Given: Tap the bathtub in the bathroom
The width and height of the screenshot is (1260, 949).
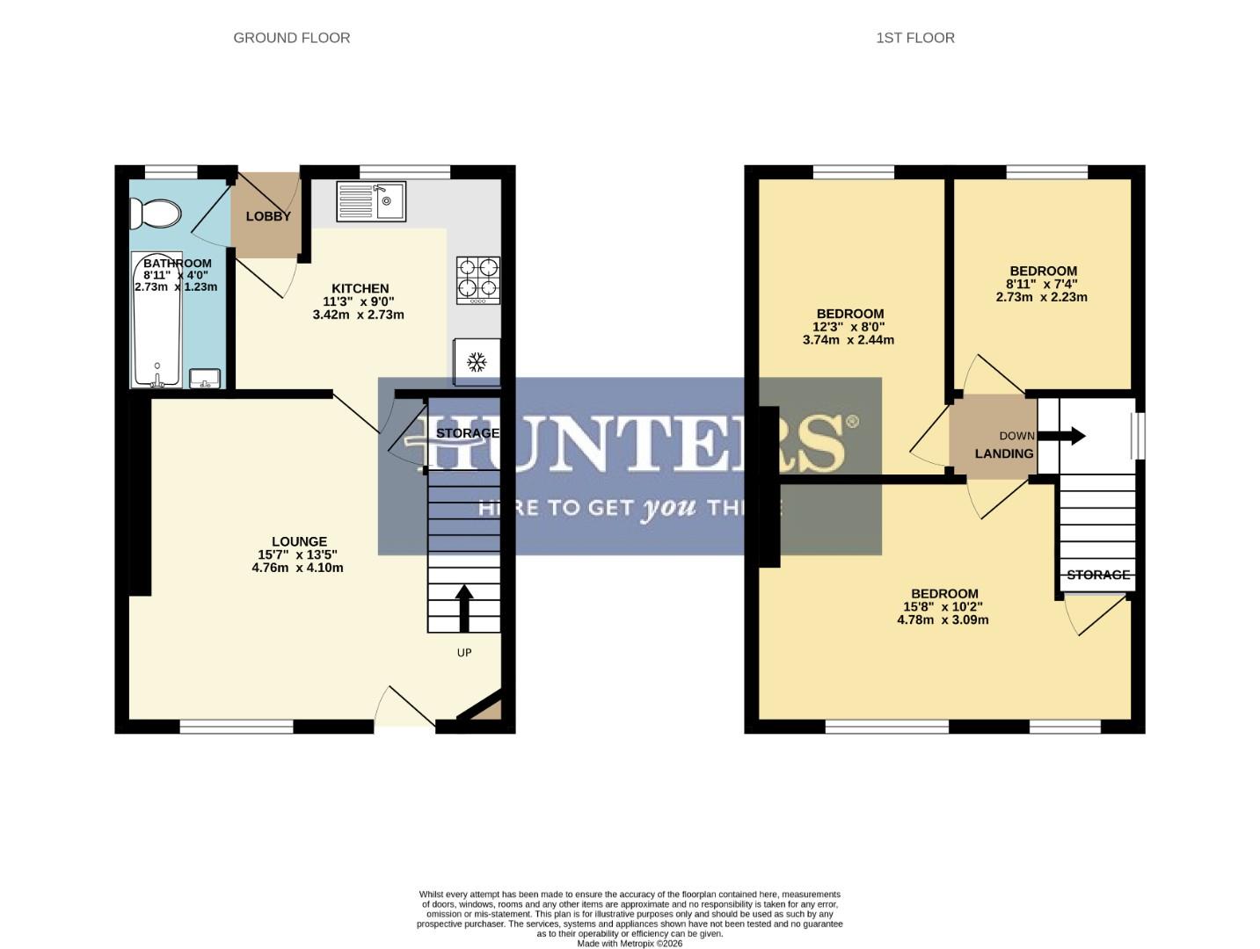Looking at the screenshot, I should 157,321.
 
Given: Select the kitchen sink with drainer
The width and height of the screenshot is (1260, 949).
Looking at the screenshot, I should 370,201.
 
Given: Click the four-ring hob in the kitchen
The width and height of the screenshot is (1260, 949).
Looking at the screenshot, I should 478,279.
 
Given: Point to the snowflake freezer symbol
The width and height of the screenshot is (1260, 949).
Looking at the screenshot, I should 477,362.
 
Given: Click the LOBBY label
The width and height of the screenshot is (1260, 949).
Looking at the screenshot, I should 268,216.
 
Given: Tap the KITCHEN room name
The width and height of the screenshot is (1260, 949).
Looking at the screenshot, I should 360,288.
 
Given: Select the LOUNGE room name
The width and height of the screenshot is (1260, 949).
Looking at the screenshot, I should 299,541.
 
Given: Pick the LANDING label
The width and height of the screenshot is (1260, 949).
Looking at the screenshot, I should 1003,453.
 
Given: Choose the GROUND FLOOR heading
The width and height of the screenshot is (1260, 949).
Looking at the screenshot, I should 291,38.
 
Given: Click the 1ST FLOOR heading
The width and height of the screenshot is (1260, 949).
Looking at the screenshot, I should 914,38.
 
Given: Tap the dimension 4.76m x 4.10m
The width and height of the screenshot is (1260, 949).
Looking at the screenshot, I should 297,568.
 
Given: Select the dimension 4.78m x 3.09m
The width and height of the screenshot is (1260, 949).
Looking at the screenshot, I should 943,619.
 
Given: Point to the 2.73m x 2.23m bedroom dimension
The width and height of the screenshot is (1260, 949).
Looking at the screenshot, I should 1041,297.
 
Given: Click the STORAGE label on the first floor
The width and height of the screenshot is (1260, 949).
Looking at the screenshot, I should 1097,575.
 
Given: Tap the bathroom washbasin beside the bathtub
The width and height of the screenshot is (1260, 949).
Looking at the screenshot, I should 205,378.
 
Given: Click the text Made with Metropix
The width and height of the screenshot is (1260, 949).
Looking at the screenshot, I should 629,943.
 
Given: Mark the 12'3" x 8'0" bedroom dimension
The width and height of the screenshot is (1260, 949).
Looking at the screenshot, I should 849,327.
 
